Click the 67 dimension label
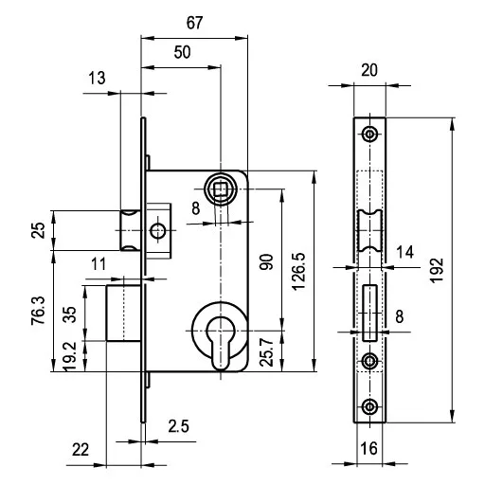(194, 23)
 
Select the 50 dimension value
(182, 52)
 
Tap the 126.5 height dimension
(298, 271)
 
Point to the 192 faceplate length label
(438, 270)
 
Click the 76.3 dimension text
(39, 311)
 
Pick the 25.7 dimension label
(266, 351)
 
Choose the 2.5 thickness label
(178, 426)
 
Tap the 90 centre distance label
(266, 261)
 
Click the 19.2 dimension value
(70, 356)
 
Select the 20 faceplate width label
(369, 70)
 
